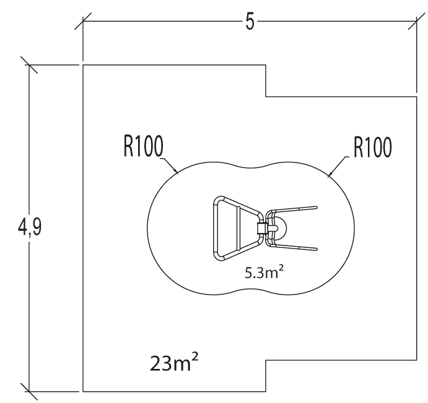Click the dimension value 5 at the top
click(x=250, y=22)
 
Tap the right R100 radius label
click(x=372, y=148)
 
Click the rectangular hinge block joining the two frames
click(x=261, y=228)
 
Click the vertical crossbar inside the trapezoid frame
click(x=238, y=228)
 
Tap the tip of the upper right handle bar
click(x=316, y=207)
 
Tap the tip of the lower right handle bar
click(x=316, y=249)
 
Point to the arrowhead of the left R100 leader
click(x=178, y=173)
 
